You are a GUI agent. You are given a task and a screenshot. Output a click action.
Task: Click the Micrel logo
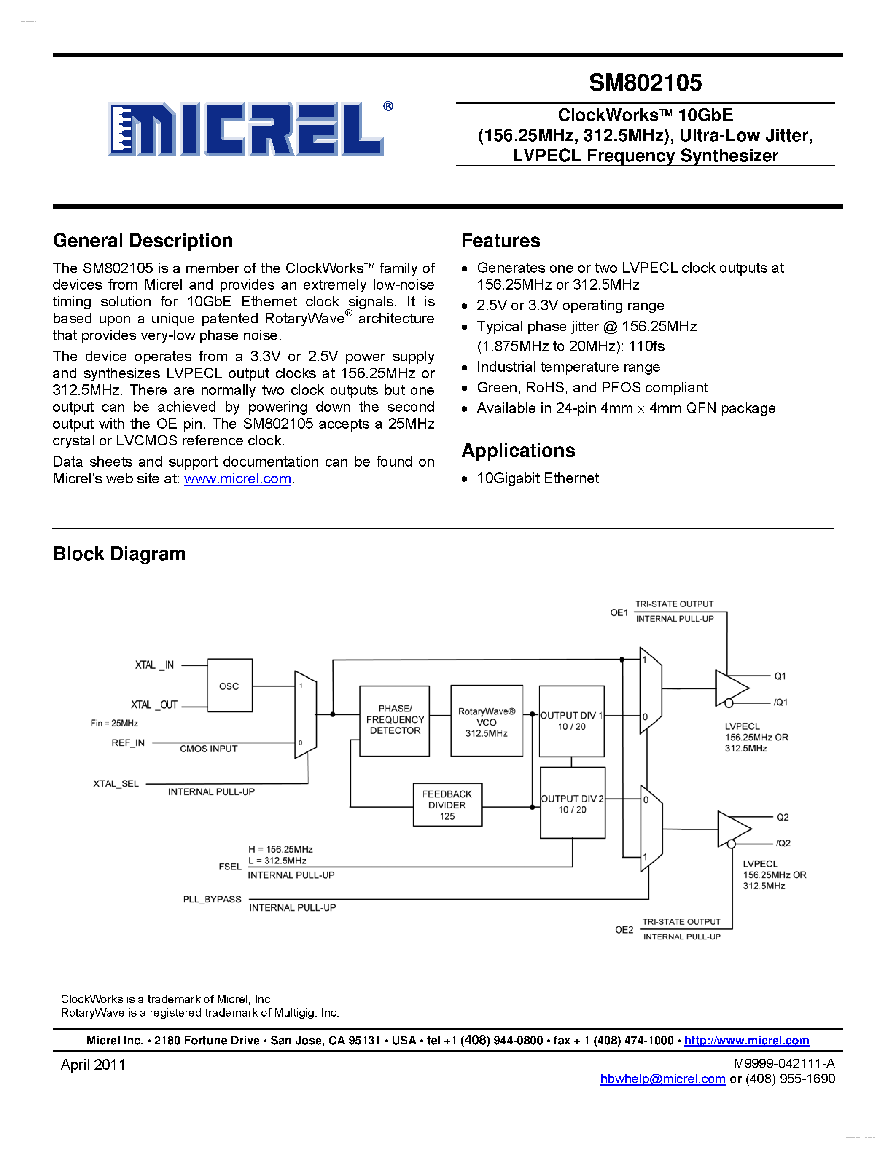tap(245, 129)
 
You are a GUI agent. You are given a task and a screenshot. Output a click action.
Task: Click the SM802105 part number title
tap(645, 83)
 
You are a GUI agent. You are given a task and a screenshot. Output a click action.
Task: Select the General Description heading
tap(143, 241)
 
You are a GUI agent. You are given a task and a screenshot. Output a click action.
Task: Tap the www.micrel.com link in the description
tap(237, 479)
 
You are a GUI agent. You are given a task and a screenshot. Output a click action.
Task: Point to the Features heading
tap(500, 241)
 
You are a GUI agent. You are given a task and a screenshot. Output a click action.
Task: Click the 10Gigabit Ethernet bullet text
tap(538, 478)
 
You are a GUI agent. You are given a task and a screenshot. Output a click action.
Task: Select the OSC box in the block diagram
tap(229, 686)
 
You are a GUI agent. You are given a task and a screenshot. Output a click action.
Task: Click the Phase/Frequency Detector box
tap(394, 720)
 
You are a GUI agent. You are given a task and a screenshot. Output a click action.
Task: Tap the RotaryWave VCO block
tap(486, 721)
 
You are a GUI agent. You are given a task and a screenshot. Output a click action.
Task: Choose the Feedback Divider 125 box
tap(447, 805)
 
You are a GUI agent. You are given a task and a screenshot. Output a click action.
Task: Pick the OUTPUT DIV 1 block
tap(572, 721)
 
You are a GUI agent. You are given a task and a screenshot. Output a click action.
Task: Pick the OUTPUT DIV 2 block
tap(572, 803)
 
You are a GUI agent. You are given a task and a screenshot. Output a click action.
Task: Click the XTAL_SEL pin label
tap(116, 784)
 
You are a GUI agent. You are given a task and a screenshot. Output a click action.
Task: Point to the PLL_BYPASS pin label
tap(212, 899)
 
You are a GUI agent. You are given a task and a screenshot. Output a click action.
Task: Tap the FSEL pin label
tap(230, 867)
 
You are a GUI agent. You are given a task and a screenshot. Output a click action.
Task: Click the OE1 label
tap(619, 613)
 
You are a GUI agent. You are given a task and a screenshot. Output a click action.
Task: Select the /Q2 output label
tap(783, 843)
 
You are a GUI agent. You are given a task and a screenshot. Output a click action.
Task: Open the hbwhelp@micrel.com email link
tap(662, 1079)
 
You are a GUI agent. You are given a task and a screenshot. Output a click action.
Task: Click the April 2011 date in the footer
tap(93, 1065)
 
